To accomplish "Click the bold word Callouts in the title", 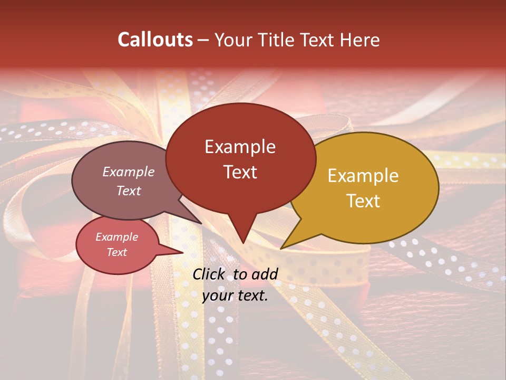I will pyautogui.click(x=155, y=40).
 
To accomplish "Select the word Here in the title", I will pyautogui.click(x=359, y=40).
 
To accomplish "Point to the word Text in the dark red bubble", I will pyautogui.click(x=240, y=172).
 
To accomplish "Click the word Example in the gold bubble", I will pyautogui.click(x=363, y=175).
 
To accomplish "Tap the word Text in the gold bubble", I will pyautogui.click(x=363, y=201).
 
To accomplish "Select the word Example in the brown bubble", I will pyautogui.click(x=128, y=172).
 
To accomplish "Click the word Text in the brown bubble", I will pyautogui.click(x=128, y=191).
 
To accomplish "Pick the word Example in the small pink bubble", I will pyautogui.click(x=116, y=237).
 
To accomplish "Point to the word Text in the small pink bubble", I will pyautogui.click(x=116, y=252).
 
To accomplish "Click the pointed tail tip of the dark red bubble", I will pyautogui.click(x=242, y=243).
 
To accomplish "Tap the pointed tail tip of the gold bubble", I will pyautogui.click(x=281, y=248).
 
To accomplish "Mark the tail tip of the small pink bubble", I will pyautogui.click(x=183, y=253).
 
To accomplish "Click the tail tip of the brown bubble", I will pyautogui.click(x=201, y=223).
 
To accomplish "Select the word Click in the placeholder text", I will pyautogui.click(x=209, y=274).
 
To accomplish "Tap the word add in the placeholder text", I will pyautogui.click(x=265, y=274).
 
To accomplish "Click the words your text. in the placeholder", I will pyautogui.click(x=235, y=296).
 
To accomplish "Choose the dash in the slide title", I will pyautogui.click(x=204, y=40).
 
